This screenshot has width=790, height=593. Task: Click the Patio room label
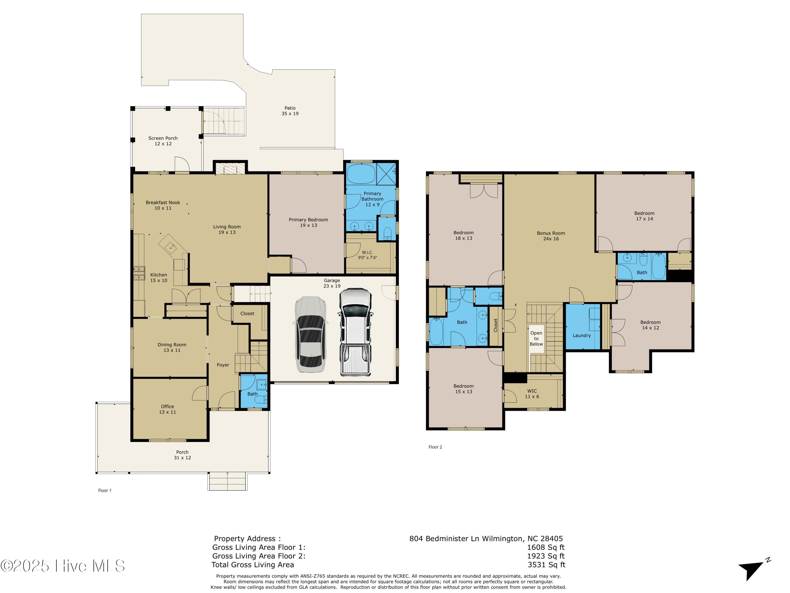(x=290, y=111)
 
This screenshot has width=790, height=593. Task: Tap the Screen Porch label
(x=163, y=141)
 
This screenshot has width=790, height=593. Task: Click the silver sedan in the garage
(x=310, y=334)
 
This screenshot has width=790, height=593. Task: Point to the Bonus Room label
(x=551, y=236)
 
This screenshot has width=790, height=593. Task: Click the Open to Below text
(x=536, y=338)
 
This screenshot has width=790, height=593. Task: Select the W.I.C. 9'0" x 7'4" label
(x=368, y=255)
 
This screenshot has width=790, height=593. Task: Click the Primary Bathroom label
(x=373, y=199)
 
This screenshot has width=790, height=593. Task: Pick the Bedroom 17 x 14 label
(x=644, y=216)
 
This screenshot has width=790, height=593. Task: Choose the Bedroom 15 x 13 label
(x=463, y=389)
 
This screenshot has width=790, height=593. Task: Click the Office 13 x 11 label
(x=167, y=409)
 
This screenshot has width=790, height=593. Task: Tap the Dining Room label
(x=172, y=347)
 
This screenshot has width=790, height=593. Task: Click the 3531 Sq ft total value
(x=546, y=565)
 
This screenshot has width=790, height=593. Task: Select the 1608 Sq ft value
(x=546, y=547)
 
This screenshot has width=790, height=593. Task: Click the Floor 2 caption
(x=435, y=447)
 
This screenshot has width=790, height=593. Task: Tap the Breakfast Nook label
(x=163, y=205)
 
